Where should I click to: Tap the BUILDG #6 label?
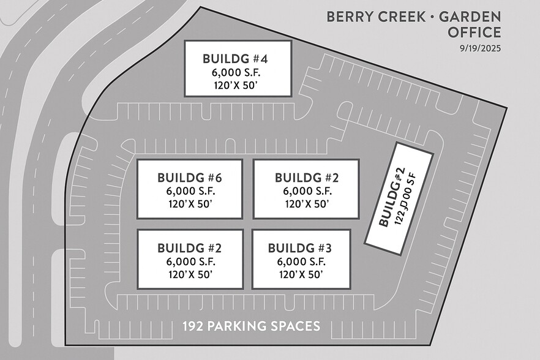tap(189, 178)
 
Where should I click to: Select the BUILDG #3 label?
tap(300, 248)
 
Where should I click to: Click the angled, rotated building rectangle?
tap(399, 198)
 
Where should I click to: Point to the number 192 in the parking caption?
tap(193, 326)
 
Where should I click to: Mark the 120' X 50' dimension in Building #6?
tap(189, 204)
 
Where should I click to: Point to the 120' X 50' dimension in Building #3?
tap(300, 274)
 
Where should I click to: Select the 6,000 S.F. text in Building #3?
tap(300, 261)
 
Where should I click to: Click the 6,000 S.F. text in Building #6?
tap(189, 191)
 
